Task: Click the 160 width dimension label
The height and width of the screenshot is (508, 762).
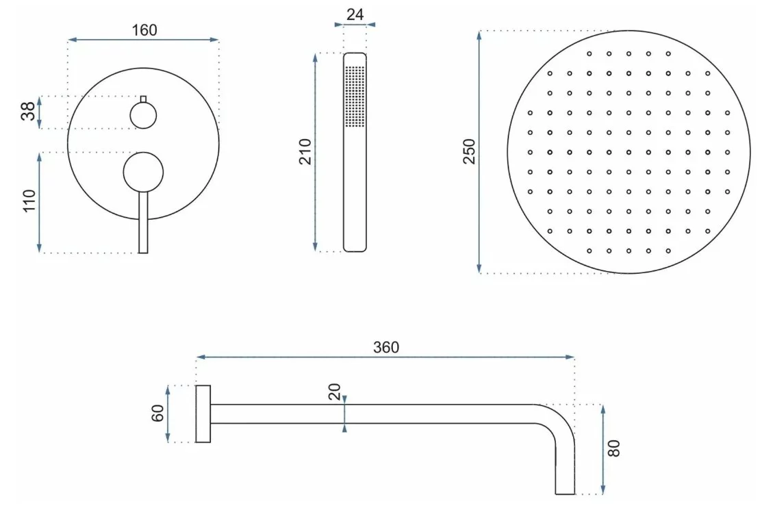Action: [144, 30]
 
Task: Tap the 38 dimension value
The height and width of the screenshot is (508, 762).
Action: [29, 111]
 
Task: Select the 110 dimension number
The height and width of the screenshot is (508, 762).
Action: [29, 201]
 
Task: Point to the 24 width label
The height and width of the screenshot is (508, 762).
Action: [355, 14]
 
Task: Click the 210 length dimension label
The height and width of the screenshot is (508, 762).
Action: [305, 152]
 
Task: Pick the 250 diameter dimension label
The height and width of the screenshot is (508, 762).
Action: [469, 152]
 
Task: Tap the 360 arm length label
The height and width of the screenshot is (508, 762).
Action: [386, 347]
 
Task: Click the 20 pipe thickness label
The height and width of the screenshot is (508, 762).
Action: [335, 392]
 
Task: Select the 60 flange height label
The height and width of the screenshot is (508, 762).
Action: [158, 414]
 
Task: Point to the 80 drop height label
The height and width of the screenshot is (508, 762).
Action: [614, 448]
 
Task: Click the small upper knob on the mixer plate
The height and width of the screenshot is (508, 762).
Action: [143, 116]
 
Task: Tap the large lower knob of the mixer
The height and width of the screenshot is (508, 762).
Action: [143, 172]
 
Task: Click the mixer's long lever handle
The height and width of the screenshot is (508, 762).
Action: [143, 222]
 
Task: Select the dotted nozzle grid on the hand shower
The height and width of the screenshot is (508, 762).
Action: [355, 97]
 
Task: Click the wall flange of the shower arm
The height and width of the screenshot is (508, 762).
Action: [203, 414]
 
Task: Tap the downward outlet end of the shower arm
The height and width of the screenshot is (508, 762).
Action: [566, 489]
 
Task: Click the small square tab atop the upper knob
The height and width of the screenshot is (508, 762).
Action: [143, 99]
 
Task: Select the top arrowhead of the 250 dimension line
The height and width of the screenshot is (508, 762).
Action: [479, 36]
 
